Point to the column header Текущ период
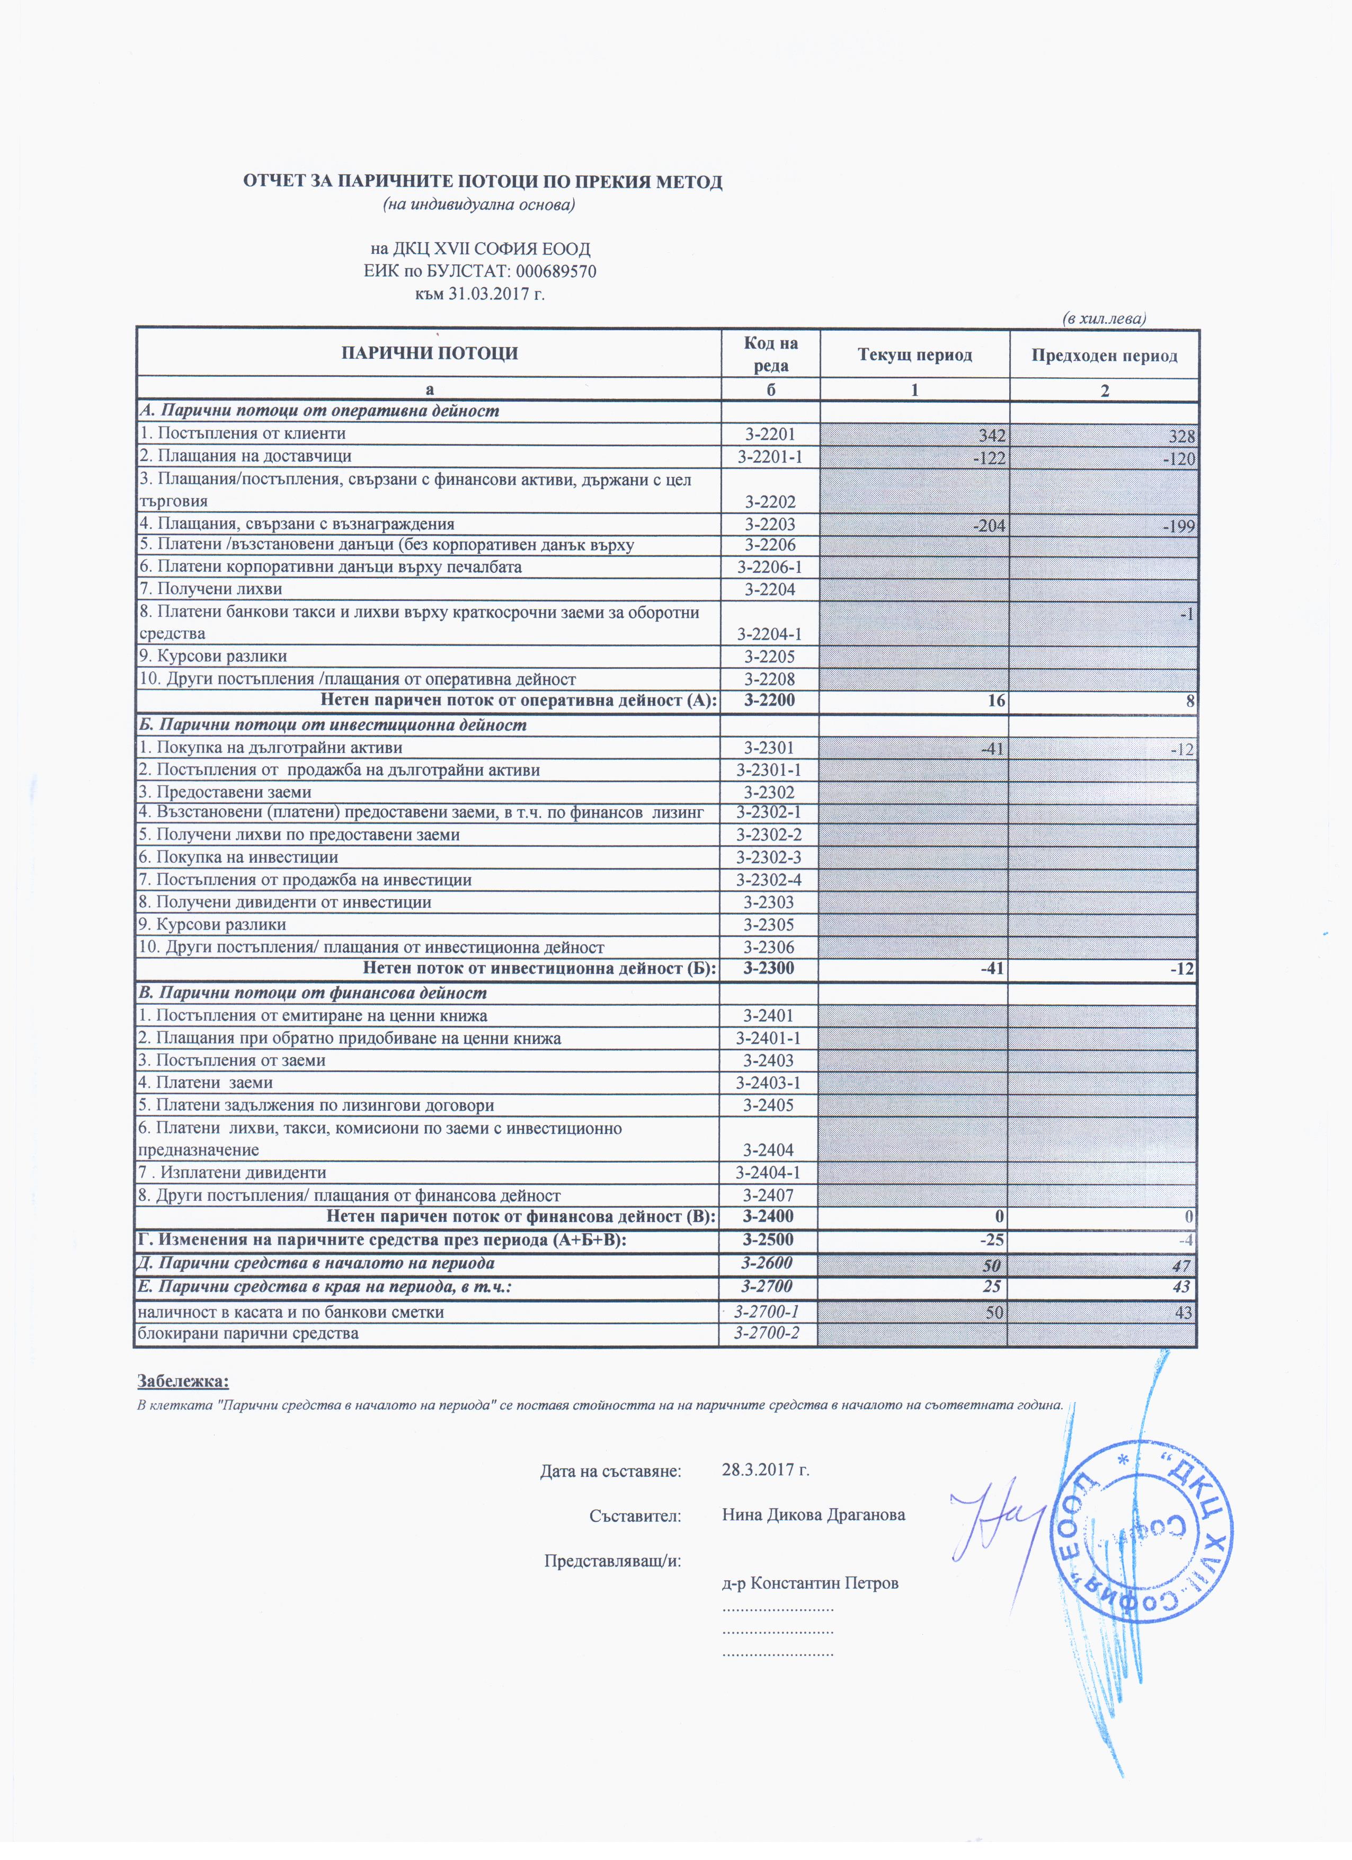coord(914,355)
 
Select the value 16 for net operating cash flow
coord(995,701)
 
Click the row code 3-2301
coord(770,747)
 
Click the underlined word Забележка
coord(183,1381)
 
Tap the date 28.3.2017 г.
coord(766,1469)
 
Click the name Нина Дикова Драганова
coord(813,1514)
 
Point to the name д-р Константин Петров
coord(810,1583)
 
